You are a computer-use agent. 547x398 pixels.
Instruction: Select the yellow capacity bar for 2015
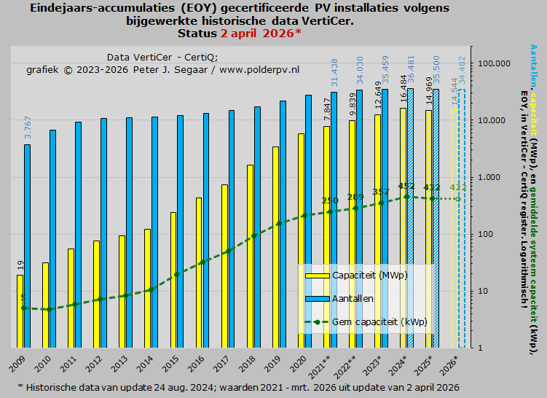point(173,280)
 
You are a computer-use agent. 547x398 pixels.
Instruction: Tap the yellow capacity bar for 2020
point(302,241)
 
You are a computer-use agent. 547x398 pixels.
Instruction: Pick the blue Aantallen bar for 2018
point(257,227)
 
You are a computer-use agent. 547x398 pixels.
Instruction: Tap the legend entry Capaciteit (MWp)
point(364,276)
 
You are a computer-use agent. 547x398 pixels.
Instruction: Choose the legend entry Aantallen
point(353,298)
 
